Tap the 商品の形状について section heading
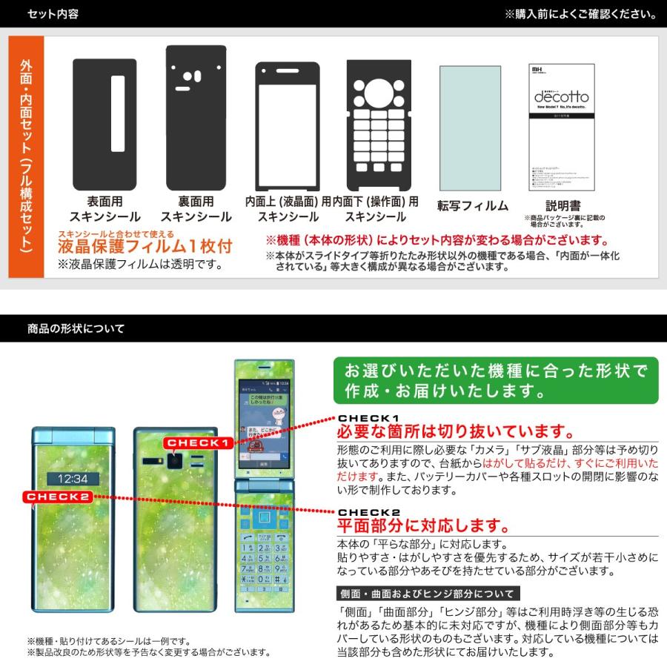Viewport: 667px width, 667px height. coord(76,328)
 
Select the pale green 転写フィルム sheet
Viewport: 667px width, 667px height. coord(470,128)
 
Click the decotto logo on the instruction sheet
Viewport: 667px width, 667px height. coord(561,97)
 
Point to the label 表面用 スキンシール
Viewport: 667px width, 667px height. coord(104,209)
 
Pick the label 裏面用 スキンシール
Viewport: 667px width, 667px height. coord(196,209)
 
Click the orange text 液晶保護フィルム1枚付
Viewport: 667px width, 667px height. coord(145,246)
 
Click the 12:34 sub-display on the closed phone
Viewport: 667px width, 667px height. coord(73,479)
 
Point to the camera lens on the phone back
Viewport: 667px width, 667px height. coord(175,462)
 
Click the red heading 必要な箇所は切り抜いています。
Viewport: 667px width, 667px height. coord(455,432)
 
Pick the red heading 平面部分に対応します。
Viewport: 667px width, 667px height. coord(423,525)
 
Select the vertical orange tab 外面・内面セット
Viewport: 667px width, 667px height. coord(27,156)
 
